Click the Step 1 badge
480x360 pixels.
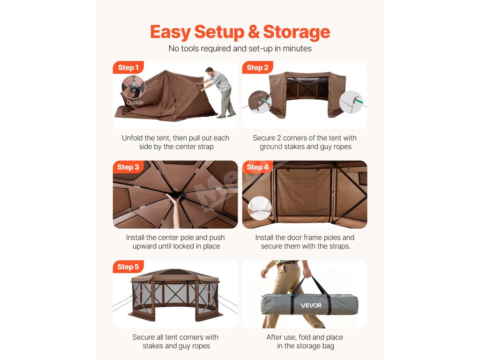click(x=128, y=67)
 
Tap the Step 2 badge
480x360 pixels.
click(x=257, y=67)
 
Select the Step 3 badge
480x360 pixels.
click(x=128, y=167)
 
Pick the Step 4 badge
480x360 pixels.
click(x=257, y=167)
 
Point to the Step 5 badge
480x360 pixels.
click(x=128, y=267)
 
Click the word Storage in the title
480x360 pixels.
click(x=296, y=32)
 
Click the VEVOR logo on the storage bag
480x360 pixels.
click(x=311, y=306)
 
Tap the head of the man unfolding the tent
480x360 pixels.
click(x=210, y=72)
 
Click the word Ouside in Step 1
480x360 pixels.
click(x=135, y=103)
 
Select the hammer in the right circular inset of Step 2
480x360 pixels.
click(x=357, y=100)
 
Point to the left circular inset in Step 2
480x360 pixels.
click(x=259, y=102)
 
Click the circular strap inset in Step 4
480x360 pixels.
click(x=260, y=208)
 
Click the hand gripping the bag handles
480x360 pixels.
click(x=306, y=272)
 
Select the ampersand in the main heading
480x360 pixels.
click(x=254, y=32)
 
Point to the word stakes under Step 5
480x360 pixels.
click(x=153, y=346)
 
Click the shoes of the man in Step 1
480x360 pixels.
click(x=226, y=115)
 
